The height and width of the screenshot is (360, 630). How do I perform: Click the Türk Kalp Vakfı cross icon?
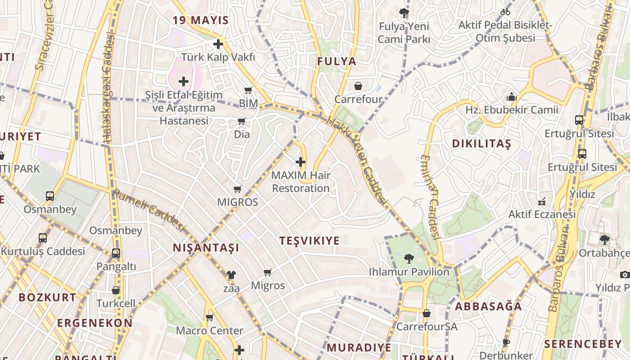(218, 44)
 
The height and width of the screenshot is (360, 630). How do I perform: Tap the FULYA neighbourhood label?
(337, 62)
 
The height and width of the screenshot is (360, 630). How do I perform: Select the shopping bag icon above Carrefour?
(358, 86)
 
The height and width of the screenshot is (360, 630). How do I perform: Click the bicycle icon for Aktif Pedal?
(505, 12)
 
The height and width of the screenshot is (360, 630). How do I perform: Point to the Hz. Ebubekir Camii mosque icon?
(511, 97)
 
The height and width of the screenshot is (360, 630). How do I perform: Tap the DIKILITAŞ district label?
(481, 144)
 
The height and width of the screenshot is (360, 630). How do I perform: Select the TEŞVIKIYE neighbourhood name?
(309, 241)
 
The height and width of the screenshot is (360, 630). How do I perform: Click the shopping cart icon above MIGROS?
(238, 189)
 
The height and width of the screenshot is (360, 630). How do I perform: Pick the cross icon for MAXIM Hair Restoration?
(301, 162)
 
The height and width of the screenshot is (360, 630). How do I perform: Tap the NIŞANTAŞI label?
(206, 248)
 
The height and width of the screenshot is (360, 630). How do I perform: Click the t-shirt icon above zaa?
(231, 275)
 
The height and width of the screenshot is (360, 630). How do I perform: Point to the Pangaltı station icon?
(116, 253)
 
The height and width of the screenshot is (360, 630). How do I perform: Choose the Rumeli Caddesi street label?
(149, 210)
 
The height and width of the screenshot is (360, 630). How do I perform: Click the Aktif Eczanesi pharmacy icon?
(542, 201)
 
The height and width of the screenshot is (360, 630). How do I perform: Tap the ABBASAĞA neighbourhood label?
(488, 306)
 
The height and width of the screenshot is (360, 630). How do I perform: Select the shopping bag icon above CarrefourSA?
(426, 313)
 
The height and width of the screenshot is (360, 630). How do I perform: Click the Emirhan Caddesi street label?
(430, 196)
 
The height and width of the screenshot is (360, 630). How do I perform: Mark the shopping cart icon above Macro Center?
(209, 318)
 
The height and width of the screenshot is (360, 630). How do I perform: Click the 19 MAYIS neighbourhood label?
(201, 20)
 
